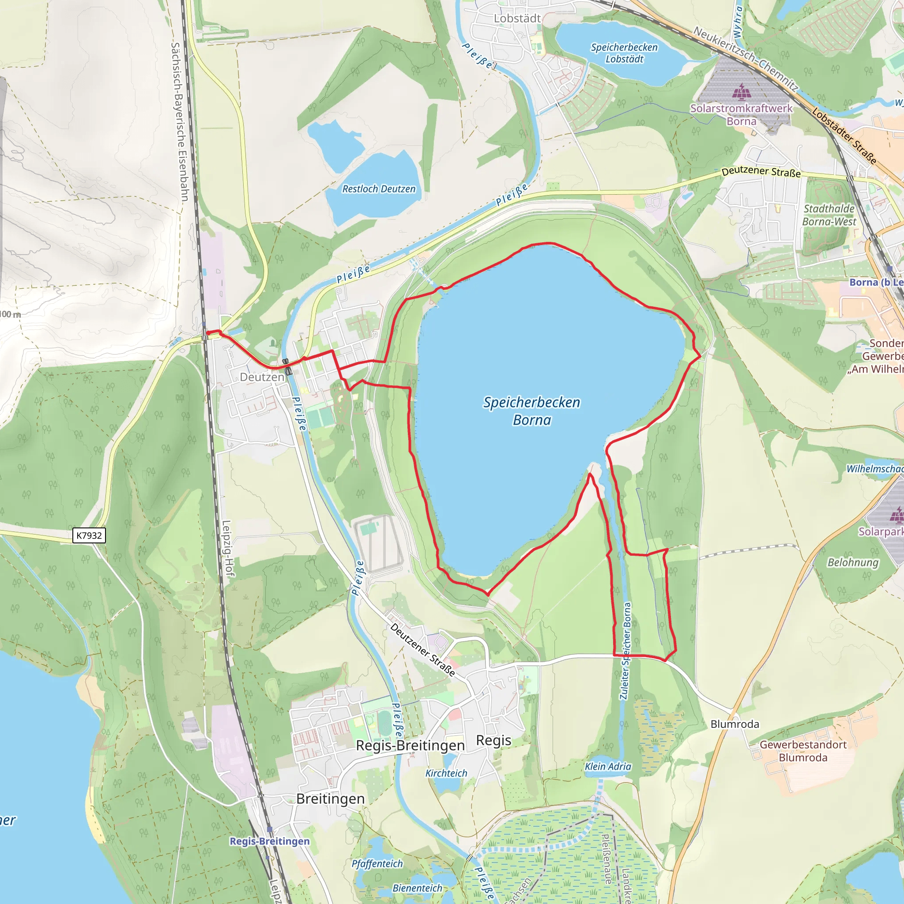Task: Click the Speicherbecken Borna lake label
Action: pyautogui.click(x=531, y=411)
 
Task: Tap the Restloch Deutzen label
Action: pyautogui.click(x=379, y=189)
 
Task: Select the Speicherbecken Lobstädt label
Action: pyautogui.click(x=624, y=53)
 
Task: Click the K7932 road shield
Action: pyautogui.click(x=89, y=535)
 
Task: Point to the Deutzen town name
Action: pyautogui.click(x=262, y=377)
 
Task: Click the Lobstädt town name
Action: pyautogui.click(x=517, y=18)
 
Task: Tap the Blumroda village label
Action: pyautogui.click(x=734, y=724)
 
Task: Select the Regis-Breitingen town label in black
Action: pyautogui.click(x=411, y=746)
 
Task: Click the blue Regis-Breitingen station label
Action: pyautogui.click(x=270, y=841)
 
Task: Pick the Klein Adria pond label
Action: pyautogui.click(x=608, y=766)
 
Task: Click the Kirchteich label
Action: pyautogui.click(x=446, y=773)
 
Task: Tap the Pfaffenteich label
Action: pyautogui.click(x=377, y=864)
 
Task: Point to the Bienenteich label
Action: pyautogui.click(x=418, y=888)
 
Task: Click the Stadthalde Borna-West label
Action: pyautogui.click(x=829, y=215)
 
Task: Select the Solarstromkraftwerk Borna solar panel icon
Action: pyautogui.click(x=741, y=92)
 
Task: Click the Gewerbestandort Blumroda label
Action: pyautogui.click(x=803, y=751)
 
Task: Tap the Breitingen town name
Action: pyautogui.click(x=330, y=799)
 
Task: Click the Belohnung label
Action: pyautogui.click(x=853, y=562)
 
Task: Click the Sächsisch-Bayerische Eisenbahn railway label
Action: pyautogui.click(x=179, y=122)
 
